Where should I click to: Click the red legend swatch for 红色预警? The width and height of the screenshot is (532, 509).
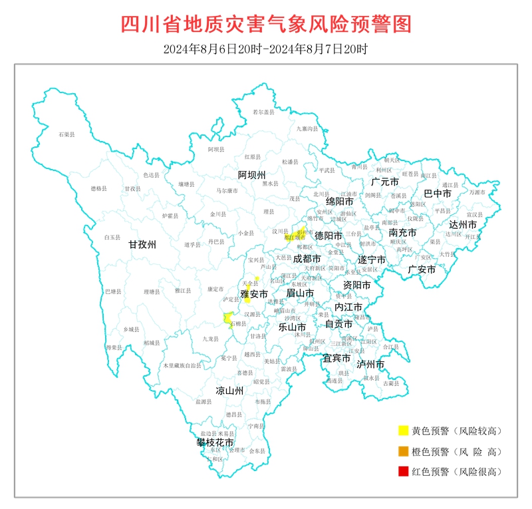tap(402, 472)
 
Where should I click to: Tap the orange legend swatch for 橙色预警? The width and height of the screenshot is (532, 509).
tap(402, 452)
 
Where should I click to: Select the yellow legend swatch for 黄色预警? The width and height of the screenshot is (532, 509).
tap(402, 431)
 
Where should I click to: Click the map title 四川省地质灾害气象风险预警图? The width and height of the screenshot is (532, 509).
tap(266, 24)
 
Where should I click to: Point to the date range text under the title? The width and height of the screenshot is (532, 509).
tap(265, 49)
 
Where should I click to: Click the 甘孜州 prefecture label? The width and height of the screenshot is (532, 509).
tap(142, 245)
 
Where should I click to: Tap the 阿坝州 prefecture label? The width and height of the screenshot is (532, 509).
tap(252, 175)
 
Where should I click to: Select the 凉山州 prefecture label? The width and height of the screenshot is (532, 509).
tap(229, 391)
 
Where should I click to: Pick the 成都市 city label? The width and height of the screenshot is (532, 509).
tap(307, 258)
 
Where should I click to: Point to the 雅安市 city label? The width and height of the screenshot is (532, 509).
tap(254, 293)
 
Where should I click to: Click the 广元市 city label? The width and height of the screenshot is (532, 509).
tap(385, 182)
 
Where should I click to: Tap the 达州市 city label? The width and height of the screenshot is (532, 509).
tap(463, 225)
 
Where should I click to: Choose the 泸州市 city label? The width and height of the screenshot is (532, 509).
tap(370, 365)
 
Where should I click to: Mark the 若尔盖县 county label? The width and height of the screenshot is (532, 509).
tap(265, 112)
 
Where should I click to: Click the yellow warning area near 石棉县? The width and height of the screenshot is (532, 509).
tap(228, 320)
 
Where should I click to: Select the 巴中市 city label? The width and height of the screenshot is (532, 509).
tap(438, 194)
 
